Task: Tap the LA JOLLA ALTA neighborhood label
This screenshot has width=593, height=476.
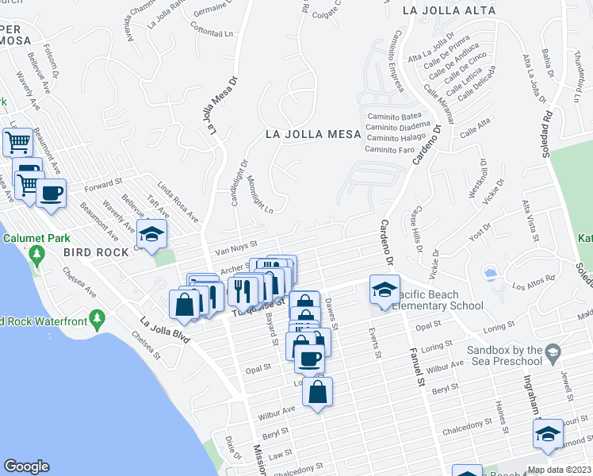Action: [449, 11]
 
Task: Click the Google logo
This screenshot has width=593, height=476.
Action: [27, 466]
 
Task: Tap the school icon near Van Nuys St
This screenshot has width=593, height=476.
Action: [151, 235]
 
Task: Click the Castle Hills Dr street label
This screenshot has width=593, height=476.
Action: [415, 231]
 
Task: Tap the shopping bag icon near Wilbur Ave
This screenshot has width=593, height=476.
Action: [317, 393]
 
